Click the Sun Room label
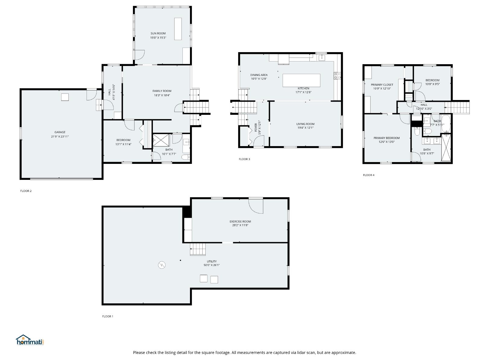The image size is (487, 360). [x=158, y=33]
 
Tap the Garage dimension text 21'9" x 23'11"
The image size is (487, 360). [x=60, y=136]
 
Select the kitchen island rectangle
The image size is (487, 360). [x=301, y=80]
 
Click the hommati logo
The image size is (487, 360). [x=30, y=341]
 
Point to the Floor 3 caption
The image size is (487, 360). [x=244, y=159]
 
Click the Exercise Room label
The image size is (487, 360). [x=240, y=221]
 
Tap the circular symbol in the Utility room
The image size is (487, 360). [x=162, y=265]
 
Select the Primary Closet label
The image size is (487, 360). [x=382, y=85]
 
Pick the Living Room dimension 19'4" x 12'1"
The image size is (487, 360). [x=305, y=128]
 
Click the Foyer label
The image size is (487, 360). [x=256, y=127]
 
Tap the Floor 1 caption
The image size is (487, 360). [x=108, y=316]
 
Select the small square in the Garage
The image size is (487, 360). [x=65, y=97]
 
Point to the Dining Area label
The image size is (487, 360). [x=259, y=75]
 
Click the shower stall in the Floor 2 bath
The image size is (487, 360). [x=159, y=139]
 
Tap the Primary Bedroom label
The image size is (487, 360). [x=386, y=138]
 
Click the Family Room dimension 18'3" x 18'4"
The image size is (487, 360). [x=162, y=95]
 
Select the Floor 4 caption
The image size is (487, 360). [x=368, y=175]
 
